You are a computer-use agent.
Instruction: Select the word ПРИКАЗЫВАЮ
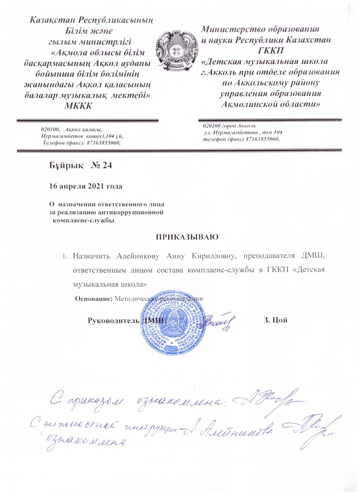click(x=187, y=237)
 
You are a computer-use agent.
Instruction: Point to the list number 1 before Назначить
click(x=64, y=256)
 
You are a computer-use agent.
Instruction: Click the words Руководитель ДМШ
click(x=126, y=320)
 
